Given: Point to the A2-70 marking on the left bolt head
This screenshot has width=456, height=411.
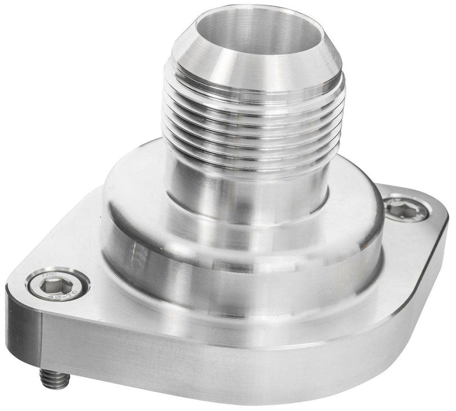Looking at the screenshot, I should tap(57, 291).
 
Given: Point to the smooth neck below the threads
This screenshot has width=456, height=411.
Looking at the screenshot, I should tap(245, 183).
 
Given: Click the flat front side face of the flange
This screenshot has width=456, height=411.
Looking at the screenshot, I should tap(228, 365).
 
